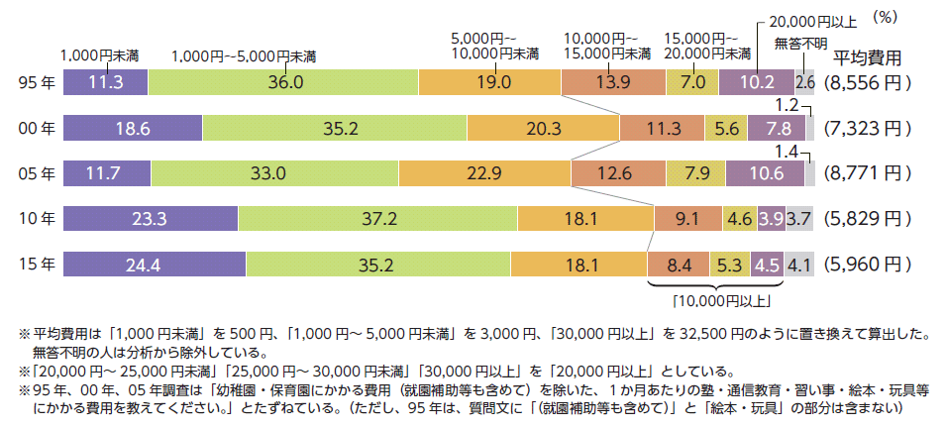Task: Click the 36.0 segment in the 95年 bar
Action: [x=283, y=83]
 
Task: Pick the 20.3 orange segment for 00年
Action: [x=543, y=128]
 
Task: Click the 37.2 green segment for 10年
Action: [x=377, y=219]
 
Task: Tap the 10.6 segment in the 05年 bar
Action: [x=765, y=173]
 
